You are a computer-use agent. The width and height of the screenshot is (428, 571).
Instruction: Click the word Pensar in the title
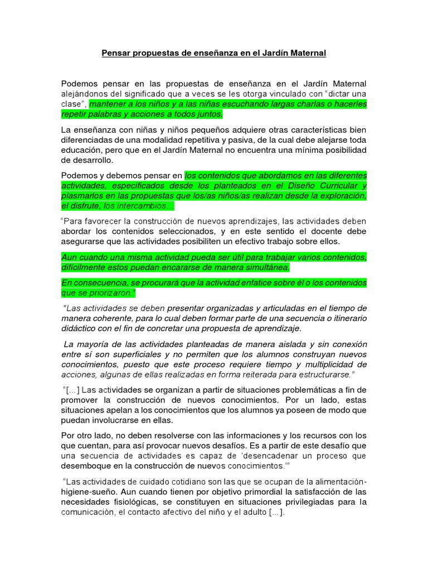click(115, 53)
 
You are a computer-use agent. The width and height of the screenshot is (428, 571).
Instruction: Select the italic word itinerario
click(344, 318)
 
